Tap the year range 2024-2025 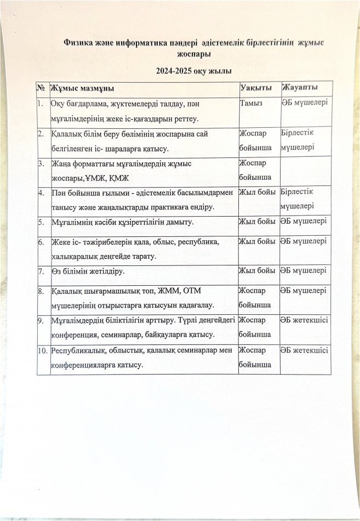coord(176,71)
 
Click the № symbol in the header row coord(42,88)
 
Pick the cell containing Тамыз coord(252,103)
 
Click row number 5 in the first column coord(41,222)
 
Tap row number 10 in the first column coord(43,350)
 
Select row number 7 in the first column coord(41,271)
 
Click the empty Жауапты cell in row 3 coord(304,171)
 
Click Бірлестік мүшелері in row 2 coord(299,140)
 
